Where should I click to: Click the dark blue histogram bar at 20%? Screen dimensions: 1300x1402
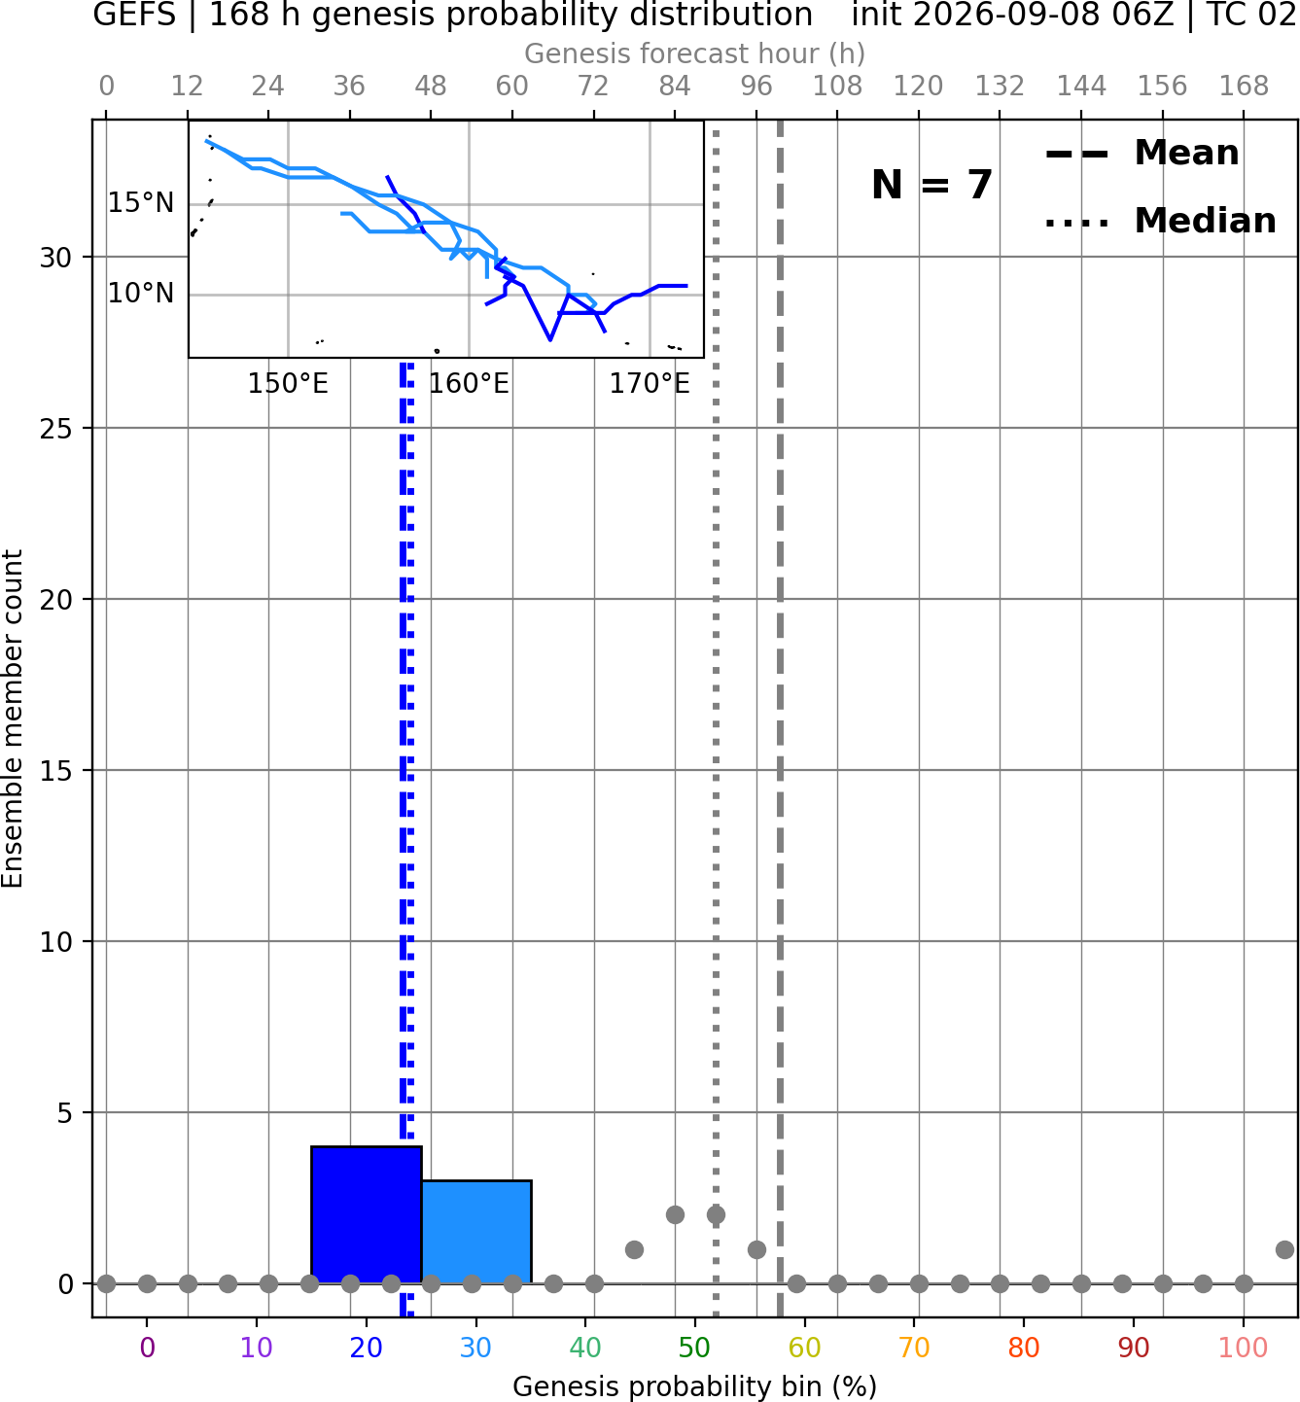[367, 1214]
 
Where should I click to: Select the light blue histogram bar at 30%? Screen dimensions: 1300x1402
[476, 1231]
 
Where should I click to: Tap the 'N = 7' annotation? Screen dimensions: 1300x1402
[932, 185]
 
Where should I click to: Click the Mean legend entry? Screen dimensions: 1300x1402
[1142, 154]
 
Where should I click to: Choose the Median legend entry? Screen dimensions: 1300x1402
[1161, 221]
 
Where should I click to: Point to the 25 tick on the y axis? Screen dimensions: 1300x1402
[56, 428]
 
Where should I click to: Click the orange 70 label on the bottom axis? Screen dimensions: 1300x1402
[914, 1348]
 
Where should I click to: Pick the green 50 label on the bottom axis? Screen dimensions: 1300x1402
[695, 1348]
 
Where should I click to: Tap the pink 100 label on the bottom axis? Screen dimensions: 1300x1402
[1244, 1348]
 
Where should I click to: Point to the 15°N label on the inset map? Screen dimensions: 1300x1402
[141, 203]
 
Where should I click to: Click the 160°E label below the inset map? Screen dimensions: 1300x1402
[469, 384]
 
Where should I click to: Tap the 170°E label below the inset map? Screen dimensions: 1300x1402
[650, 384]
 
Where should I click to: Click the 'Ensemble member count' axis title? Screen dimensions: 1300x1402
[12, 719]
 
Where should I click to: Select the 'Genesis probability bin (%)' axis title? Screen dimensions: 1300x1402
[695, 1386]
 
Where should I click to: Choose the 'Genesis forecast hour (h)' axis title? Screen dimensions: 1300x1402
[695, 53]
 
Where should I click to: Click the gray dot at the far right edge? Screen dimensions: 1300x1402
[1285, 1249]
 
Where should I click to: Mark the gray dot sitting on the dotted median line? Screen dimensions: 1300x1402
[716, 1215]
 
